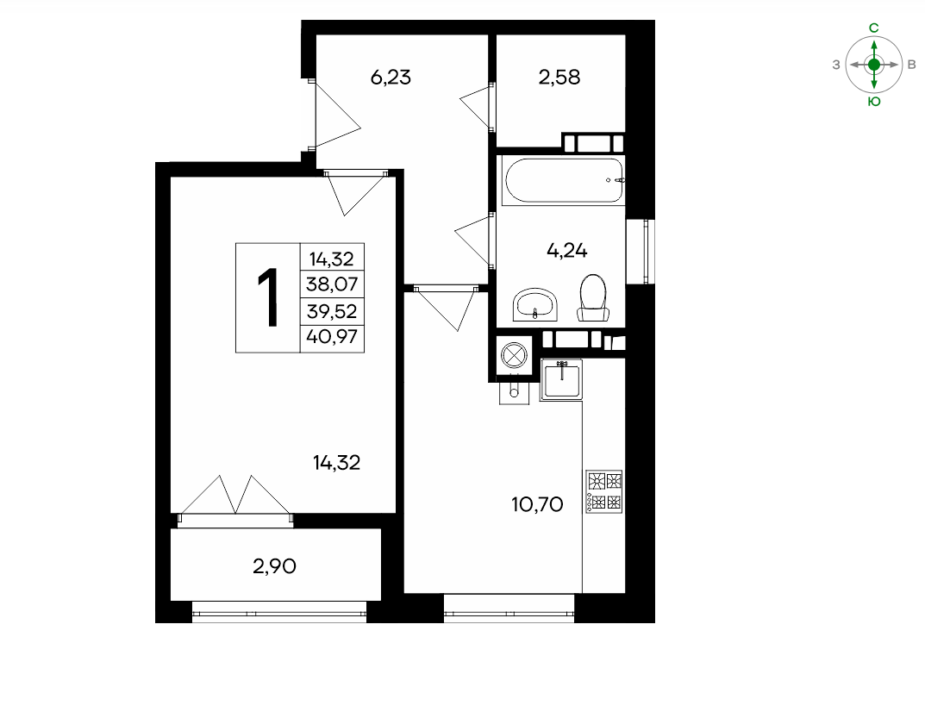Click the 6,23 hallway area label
[x=391, y=78]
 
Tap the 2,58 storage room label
[x=559, y=78]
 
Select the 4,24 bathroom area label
[x=567, y=251]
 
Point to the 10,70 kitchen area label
[x=537, y=504]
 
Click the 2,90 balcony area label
[x=274, y=566]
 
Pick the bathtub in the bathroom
[x=563, y=180]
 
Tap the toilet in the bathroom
[x=593, y=298]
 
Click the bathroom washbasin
[x=535, y=304]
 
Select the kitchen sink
[x=561, y=380]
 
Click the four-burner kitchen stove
[x=604, y=490]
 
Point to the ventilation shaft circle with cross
[x=513, y=356]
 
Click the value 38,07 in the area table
[x=332, y=284]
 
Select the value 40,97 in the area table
[x=332, y=337]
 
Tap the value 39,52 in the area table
[x=332, y=311]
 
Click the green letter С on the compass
[x=874, y=28]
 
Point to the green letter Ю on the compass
[x=874, y=102]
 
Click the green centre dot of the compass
[x=874, y=65]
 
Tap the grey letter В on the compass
[x=911, y=65]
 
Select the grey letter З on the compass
[x=836, y=65]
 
